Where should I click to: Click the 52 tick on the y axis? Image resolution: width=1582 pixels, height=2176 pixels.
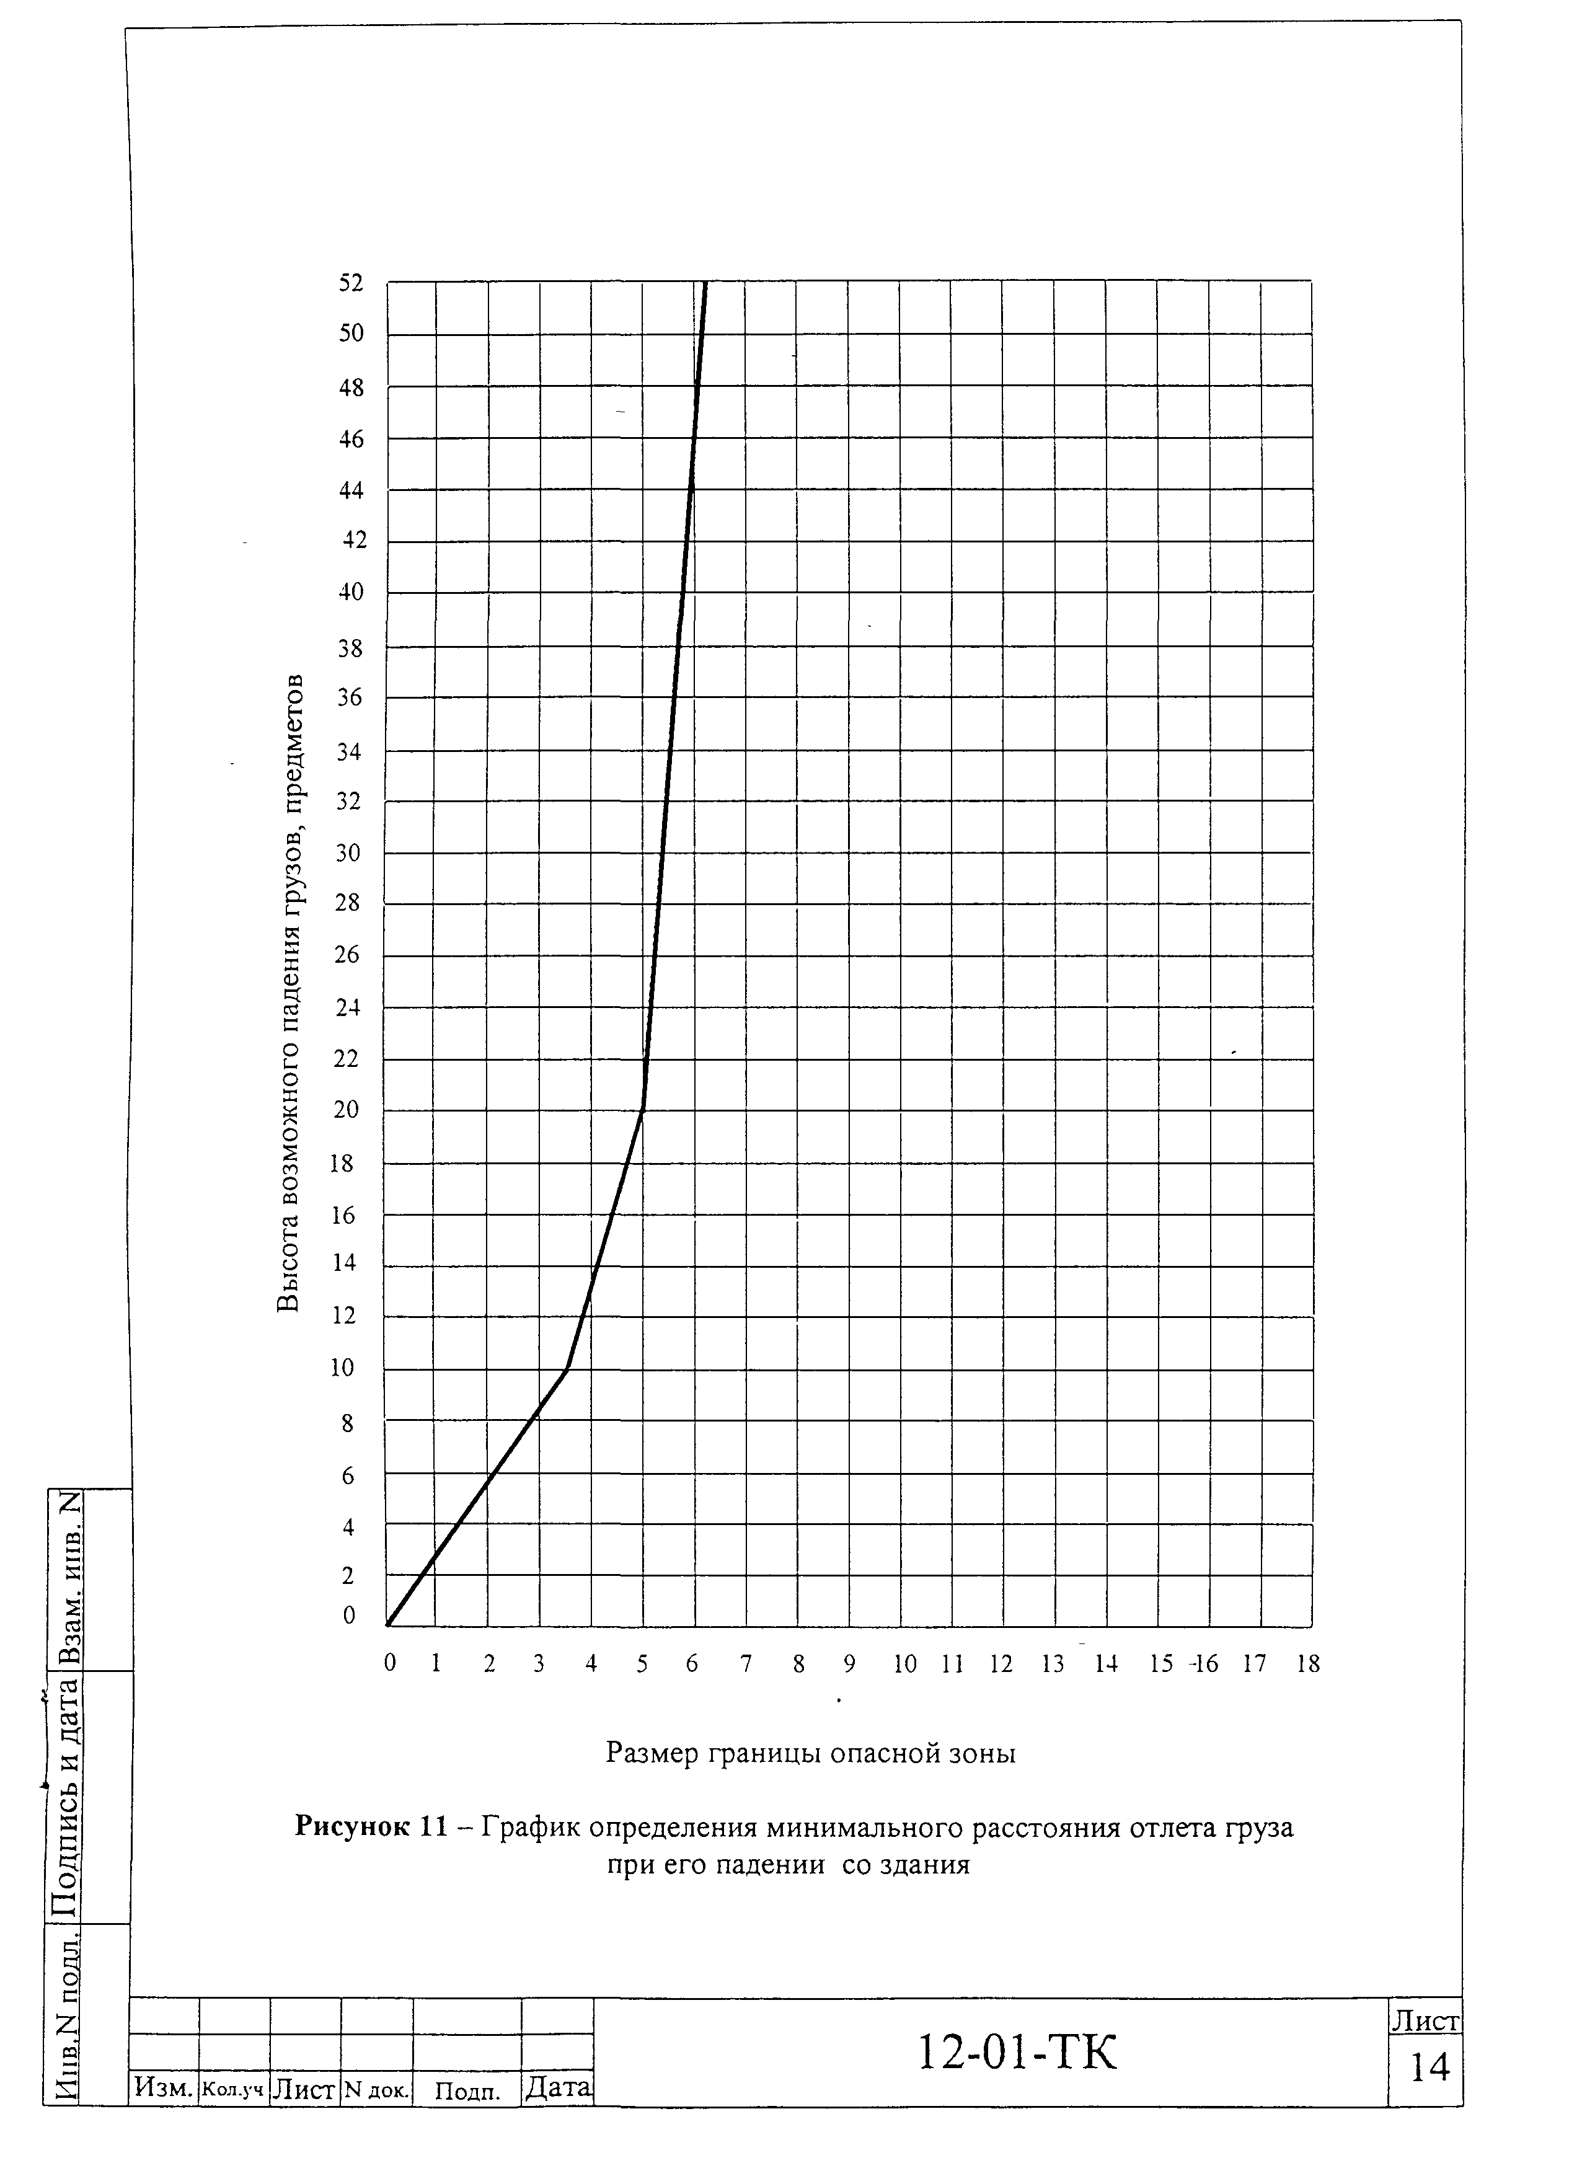coord(351,283)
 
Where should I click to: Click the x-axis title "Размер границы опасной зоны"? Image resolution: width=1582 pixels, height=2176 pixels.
coord(811,1753)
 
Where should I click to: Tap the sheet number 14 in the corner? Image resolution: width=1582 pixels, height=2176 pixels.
coord(1428,2068)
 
